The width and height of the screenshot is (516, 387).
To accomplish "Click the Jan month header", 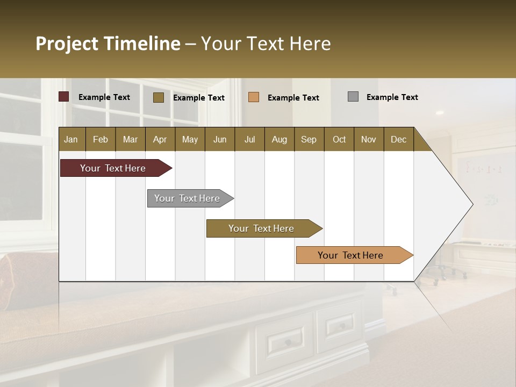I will [x=71, y=139].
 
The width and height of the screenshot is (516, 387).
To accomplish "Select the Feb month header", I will [x=101, y=139].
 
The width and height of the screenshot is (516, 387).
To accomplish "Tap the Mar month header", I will [x=130, y=139].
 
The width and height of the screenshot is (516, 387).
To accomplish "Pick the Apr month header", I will [x=160, y=139].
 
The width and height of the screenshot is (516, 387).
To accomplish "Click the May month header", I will [x=190, y=139].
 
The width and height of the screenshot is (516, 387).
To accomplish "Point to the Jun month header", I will [x=220, y=139].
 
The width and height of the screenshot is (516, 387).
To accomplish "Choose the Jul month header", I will [x=249, y=139].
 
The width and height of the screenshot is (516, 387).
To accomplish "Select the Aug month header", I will [x=279, y=139].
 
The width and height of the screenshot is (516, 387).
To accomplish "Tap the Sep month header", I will [x=309, y=139].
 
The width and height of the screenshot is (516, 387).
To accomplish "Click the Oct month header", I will [x=339, y=139].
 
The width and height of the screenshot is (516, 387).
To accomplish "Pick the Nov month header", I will [x=369, y=139].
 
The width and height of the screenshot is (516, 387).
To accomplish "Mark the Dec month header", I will [x=399, y=139].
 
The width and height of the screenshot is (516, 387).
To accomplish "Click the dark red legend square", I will [x=64, y=97].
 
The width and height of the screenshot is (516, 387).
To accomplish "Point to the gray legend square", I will [x=353, y=97].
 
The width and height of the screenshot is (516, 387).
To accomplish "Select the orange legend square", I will [x=254, y=97].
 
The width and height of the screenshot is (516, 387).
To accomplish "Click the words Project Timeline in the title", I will [x=108, y=44].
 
